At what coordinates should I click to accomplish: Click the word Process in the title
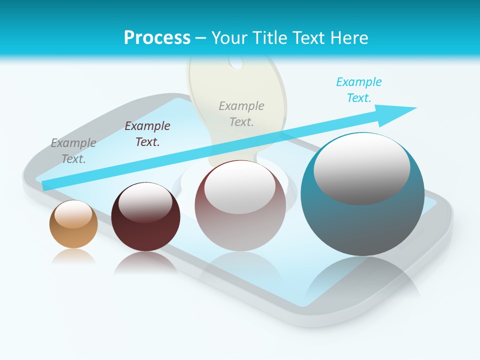pyautogui.click(x=157, y=37)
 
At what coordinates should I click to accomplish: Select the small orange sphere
pyautogui.click(x=73, y=224)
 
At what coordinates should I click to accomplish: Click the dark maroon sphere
pyautogui.click(x=145, y=217)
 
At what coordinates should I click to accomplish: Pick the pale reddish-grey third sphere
pyautogui.click(x=240, y=206)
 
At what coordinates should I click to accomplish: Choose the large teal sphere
pyautogui.click(x=362, y=195)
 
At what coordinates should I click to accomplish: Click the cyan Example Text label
pyautogui.click(x=358, y=90)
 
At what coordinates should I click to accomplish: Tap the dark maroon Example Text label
pyautogui.click(x=147, y=134)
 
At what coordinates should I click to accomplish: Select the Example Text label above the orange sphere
pyautogui.click(x=73, y=151)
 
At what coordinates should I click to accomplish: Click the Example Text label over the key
pyautogui.click(x=241, y=114)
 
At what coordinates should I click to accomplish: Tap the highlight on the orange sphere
pyautogui.click(x=73, y=214)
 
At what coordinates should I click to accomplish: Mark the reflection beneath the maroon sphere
pyautogui.click(x=145, y=262)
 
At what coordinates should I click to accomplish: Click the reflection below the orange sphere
pyautogui.click(x=73, y=256)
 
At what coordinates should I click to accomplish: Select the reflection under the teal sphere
pyautogui.click(x=362, y=277)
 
